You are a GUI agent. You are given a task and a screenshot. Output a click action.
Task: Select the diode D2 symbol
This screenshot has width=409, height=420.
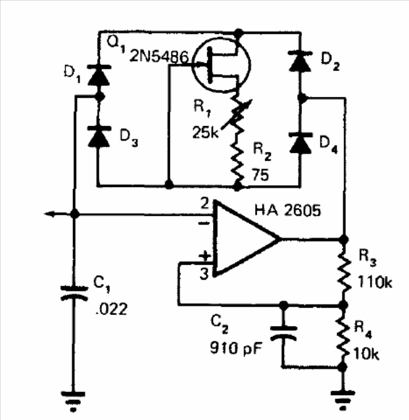tap(301, 61)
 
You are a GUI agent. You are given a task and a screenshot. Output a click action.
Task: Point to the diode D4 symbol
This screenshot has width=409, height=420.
tap(301, 142)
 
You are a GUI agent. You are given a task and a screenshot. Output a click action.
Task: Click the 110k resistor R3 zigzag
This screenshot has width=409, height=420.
tap(344, 271)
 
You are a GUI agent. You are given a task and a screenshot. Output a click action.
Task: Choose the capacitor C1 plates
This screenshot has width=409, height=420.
tap(74, 293)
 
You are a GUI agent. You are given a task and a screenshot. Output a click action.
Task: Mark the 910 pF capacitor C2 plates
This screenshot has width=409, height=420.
tap(283, 333)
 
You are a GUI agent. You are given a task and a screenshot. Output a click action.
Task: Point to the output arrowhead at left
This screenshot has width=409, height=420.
tap(49, 214)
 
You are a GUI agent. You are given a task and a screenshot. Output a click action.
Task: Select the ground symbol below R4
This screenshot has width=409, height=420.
tap(343, 400)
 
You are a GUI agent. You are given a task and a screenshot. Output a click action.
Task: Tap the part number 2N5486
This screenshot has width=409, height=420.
tap(159, 57)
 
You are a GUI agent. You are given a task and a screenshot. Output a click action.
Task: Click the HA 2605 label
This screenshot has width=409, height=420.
tap(287, 210)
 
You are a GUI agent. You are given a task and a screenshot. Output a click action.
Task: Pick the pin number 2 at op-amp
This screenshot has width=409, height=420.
tap(204, 203)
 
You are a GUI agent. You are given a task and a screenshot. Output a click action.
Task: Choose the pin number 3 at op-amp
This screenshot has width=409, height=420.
tap(204, 274)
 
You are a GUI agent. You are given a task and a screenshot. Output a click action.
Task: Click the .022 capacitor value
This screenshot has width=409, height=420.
tap(111, 309)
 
